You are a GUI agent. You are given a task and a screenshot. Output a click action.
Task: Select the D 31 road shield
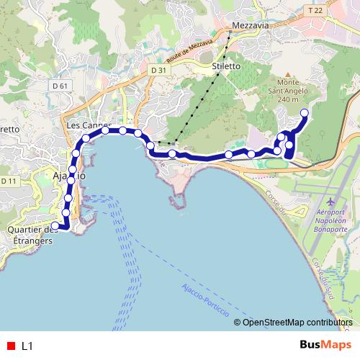point(159,70)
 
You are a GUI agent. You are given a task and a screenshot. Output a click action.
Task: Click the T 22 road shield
point(315,10)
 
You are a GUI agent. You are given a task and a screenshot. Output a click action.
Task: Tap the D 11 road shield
point(9,181)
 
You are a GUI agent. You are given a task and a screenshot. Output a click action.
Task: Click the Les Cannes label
point(82,125)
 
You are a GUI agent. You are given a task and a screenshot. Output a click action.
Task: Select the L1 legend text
point(27,346)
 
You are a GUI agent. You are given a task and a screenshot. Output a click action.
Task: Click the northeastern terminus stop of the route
point(304,112)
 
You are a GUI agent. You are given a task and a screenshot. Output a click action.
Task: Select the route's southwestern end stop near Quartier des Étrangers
point(55,226)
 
